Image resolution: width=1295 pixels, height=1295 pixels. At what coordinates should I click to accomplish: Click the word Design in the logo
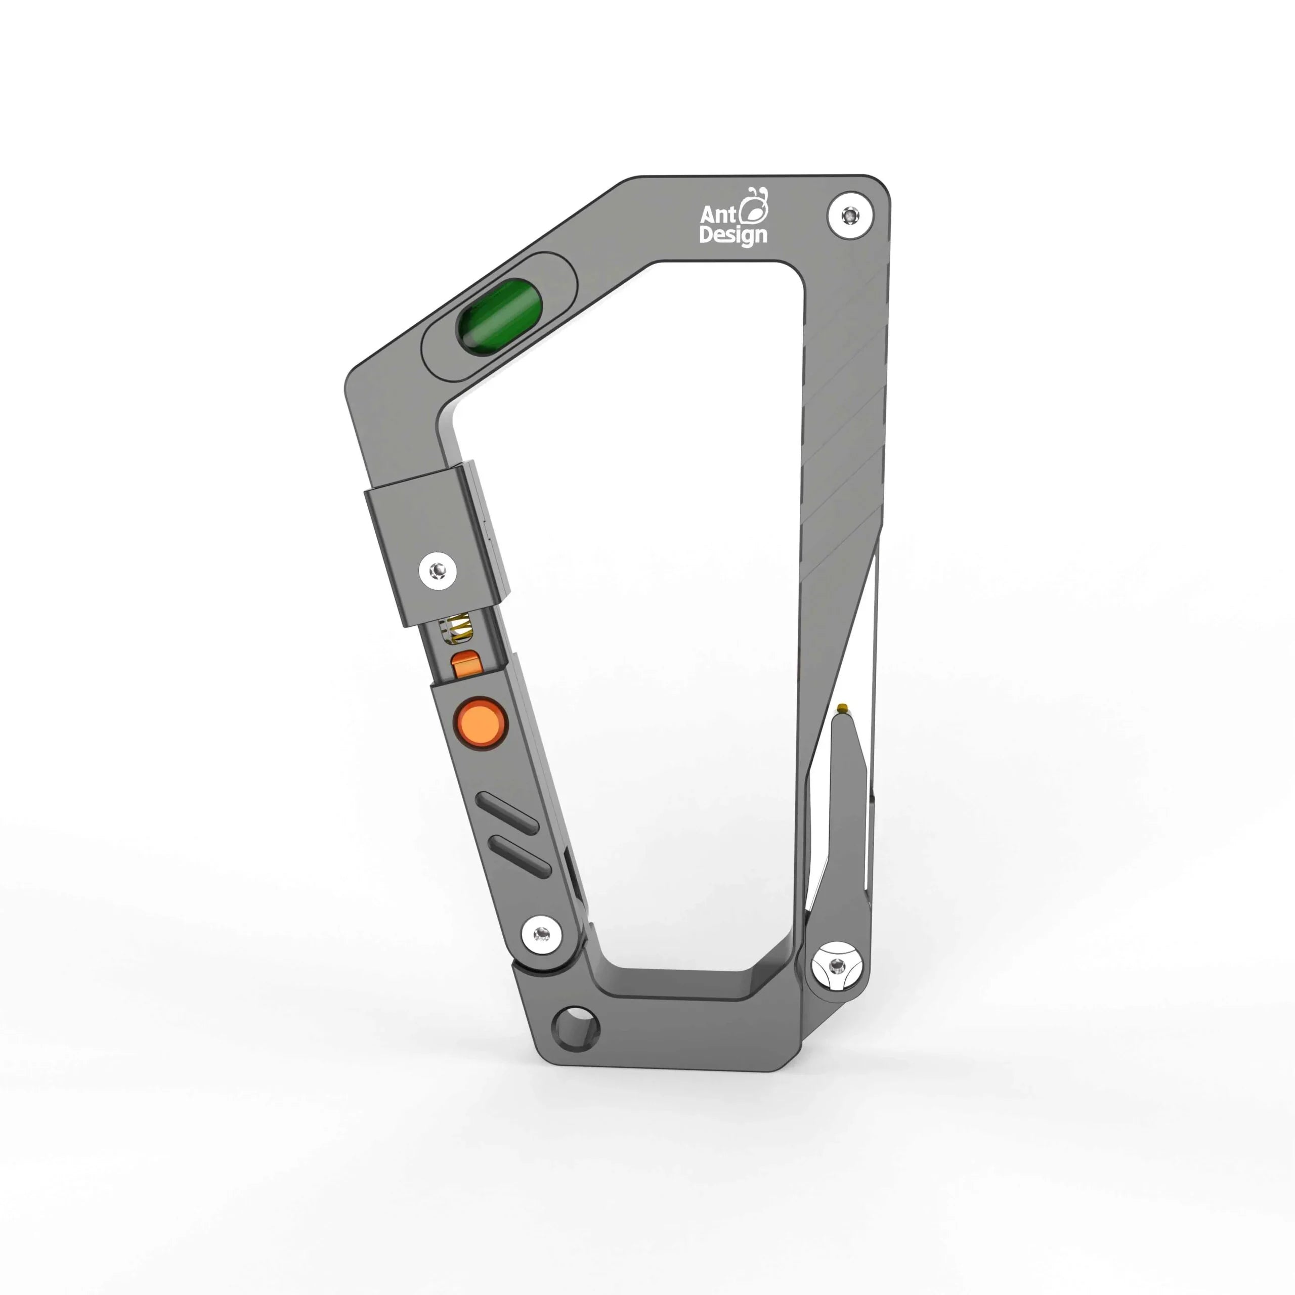[732, 235]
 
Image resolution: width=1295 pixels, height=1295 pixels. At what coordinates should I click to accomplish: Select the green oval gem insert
[499, 315]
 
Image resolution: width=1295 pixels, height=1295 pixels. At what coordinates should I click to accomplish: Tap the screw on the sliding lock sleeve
[439, 571]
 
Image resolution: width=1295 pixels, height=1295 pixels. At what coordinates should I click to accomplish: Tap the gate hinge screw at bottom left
[542, 933]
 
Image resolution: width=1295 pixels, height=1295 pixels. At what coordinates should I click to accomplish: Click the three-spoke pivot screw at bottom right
[835, 967]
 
